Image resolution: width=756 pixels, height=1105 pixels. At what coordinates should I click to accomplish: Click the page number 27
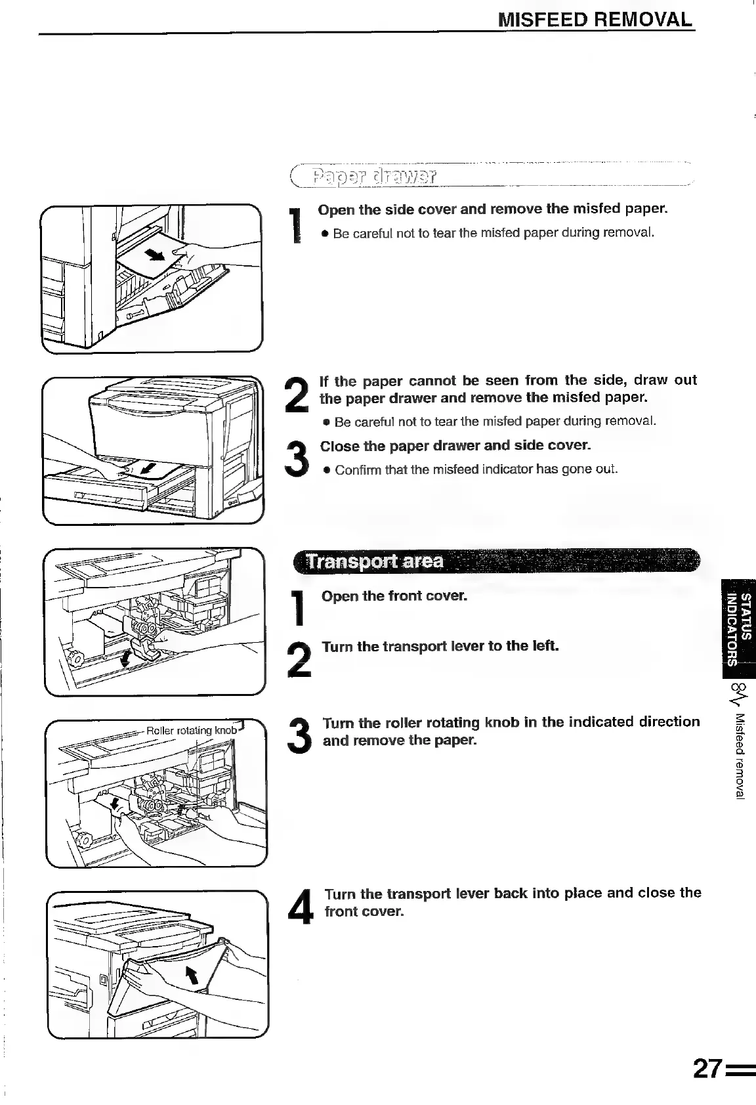(707, 1070)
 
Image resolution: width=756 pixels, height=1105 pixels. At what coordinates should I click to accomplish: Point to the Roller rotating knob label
(190, 730)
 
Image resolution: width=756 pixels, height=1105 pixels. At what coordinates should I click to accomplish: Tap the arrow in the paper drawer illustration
(150, 469)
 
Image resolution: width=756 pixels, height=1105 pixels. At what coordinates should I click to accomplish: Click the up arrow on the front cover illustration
(192, 978)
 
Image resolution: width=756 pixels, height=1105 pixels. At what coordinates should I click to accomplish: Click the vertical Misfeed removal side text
(740, 755)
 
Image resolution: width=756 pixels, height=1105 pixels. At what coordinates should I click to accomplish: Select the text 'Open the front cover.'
(394, 596)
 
